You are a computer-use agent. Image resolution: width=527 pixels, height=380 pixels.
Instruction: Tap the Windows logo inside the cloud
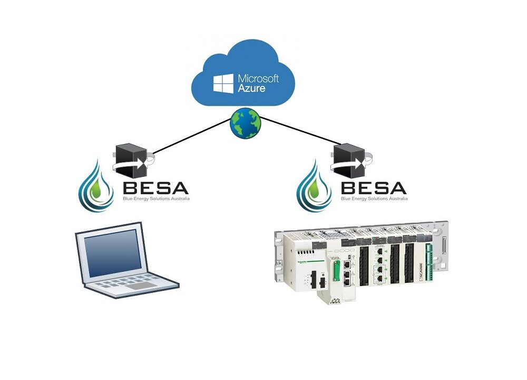coord(222,83)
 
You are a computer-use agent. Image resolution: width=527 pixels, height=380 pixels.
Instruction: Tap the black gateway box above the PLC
coord(349,158)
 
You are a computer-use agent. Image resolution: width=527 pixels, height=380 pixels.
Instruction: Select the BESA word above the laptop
coord(155,188)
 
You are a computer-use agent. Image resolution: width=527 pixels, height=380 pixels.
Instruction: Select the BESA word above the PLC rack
coord(374,188)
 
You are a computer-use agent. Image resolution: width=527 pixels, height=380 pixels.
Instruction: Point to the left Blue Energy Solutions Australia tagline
coord(155,199)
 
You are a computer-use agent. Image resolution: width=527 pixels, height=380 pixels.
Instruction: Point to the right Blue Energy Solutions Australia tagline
coord(374,199)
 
